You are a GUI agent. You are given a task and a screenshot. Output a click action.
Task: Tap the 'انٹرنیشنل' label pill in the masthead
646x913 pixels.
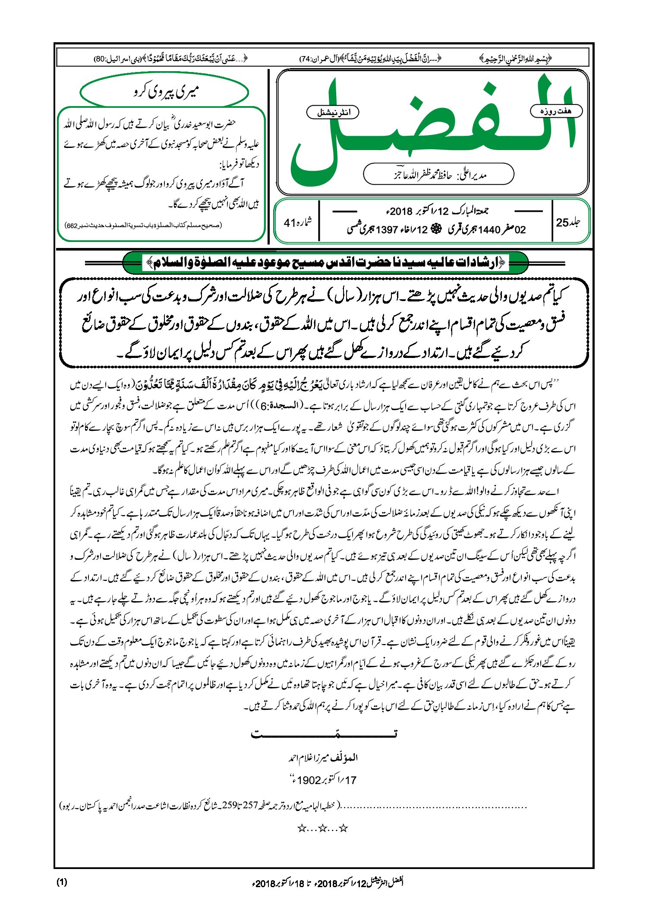(x=333, y=113)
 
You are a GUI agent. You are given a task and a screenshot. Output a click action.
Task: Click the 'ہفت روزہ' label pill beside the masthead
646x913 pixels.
(x=556, y=111)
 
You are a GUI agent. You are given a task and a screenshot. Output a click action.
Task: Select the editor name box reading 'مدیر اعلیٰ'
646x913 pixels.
(x=438, y=175)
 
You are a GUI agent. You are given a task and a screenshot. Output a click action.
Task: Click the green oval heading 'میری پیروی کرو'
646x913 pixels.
(x=165, y=92)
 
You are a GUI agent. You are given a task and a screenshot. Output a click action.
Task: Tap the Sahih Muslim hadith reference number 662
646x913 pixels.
(x=72, y=226)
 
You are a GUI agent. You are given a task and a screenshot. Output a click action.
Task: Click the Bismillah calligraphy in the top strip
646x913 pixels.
(x=515, y=59)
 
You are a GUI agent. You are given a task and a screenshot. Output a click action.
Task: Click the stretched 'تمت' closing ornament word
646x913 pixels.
(x=324, y=733)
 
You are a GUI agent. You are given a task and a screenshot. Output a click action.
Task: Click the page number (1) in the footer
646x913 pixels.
(x=62, y=882)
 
